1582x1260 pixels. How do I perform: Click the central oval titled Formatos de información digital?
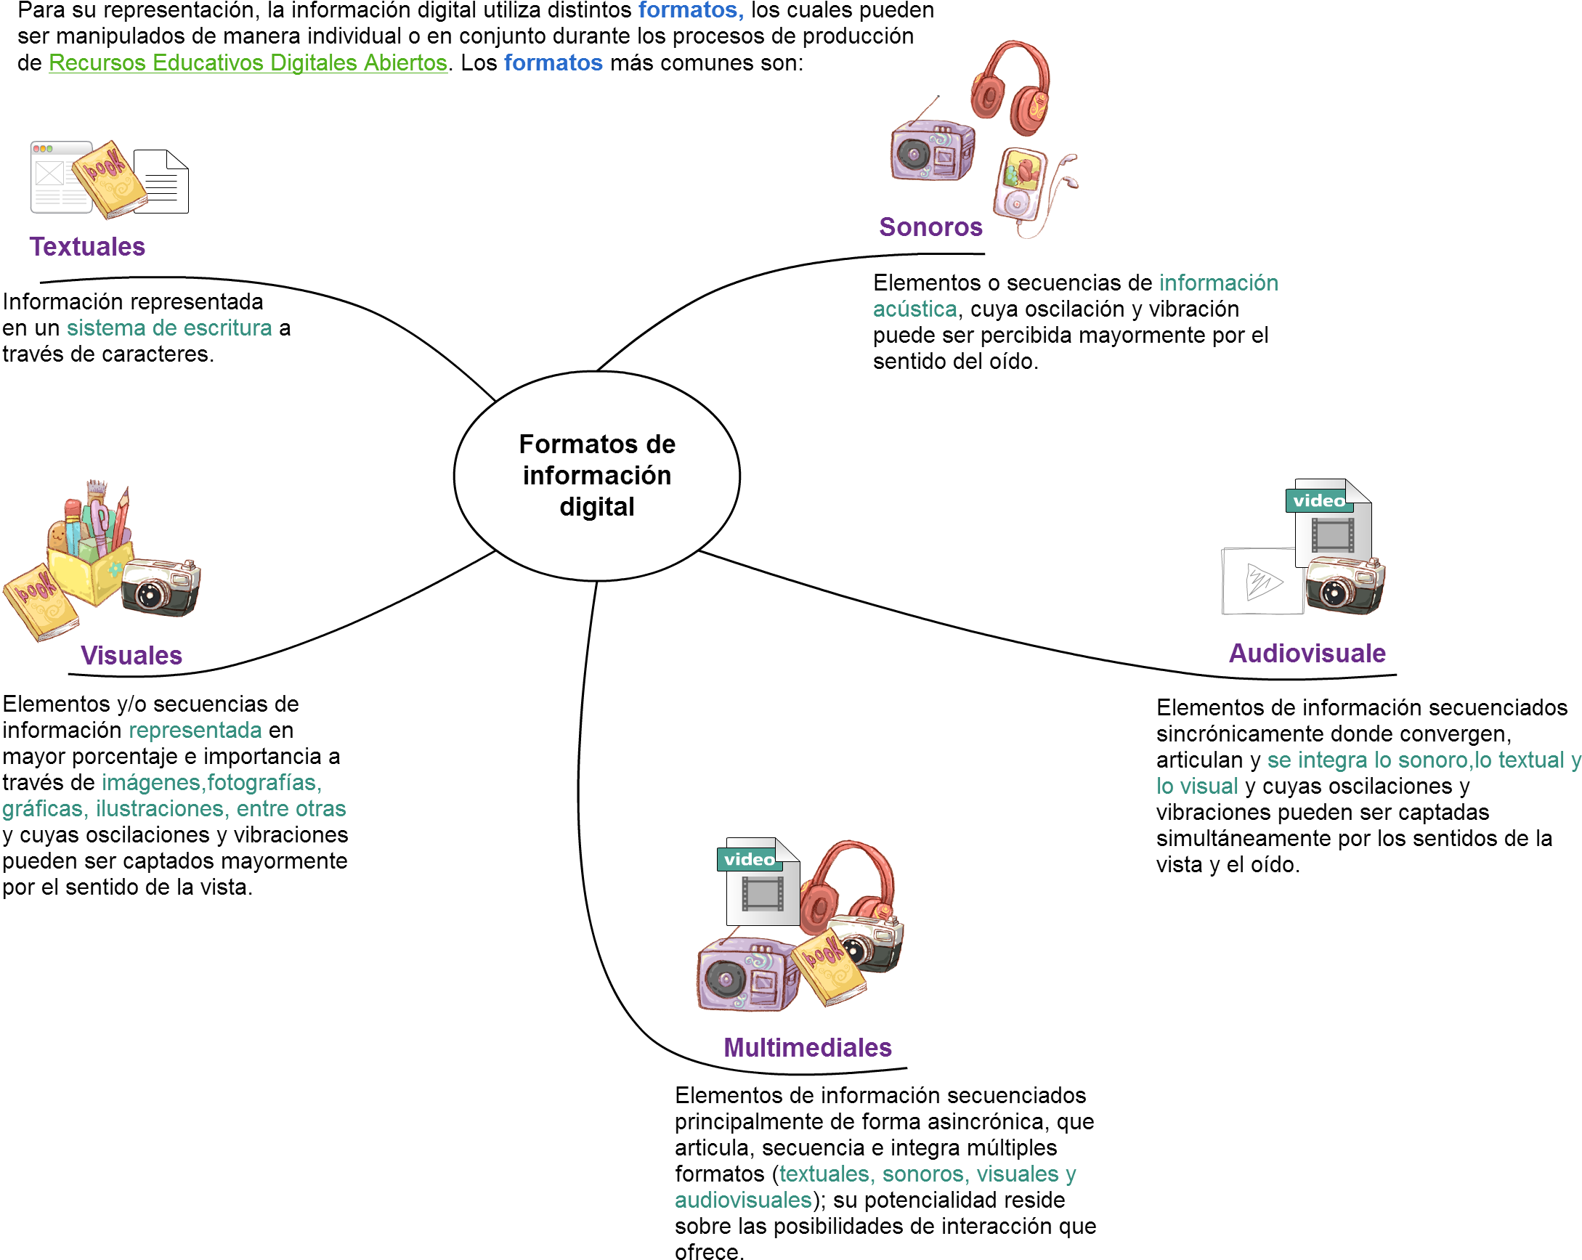coord(596,476)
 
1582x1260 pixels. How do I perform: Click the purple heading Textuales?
coord(86,247)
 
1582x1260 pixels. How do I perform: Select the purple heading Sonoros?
coord(930,227)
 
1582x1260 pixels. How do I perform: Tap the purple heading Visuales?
coord(131,655)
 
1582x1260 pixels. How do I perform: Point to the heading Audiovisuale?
coord(1307,653)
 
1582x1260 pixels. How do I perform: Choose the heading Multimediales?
coord(807,1047)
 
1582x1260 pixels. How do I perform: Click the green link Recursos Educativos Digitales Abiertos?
coord(247,62)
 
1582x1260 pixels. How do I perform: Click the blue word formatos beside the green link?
coord(553,62)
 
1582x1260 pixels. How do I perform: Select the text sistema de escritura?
coord(169,328)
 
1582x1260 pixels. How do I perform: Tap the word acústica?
coord(914,309)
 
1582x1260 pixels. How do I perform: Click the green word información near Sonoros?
coord(1218,283)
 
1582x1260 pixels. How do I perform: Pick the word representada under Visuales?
coord(195,730)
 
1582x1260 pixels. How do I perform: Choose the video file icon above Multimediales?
coord(760,882)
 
